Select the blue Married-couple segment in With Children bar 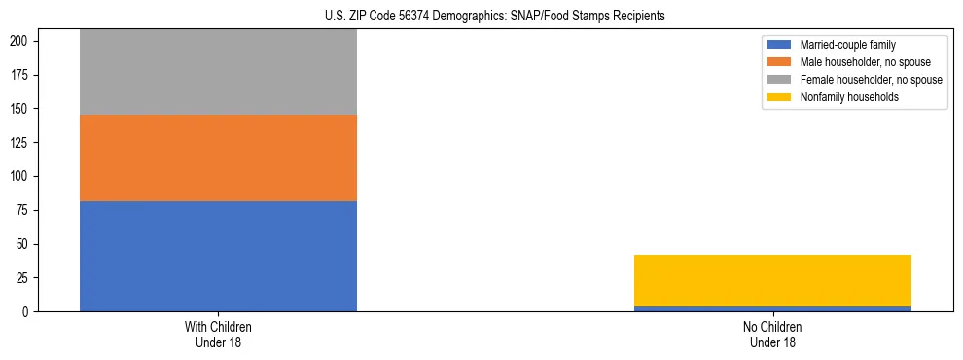pyautogui.click(x=218, y=256)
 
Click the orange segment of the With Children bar pyautogui.click(x=218, y=158)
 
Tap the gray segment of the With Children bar pyautogui.click(x=218, y=73)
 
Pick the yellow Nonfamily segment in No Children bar pyautogui.click(x=772, y=280)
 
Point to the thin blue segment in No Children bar pyautogui.click(x=772, y=308)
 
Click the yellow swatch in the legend pyautogui.click(x=779, y=97)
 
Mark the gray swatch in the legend pyautogui.click(x=779, y=80)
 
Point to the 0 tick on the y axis pyautogui.click(x=28, y=312)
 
